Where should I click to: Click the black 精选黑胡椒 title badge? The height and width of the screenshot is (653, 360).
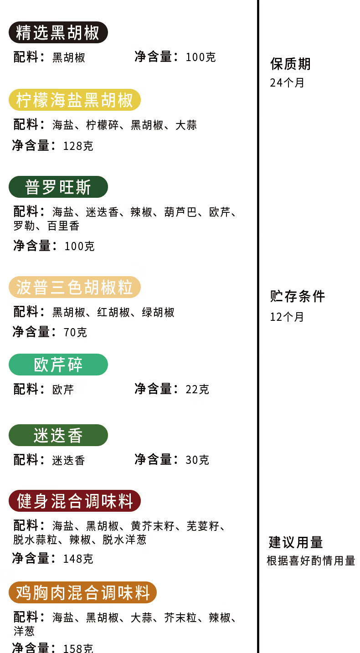click(58, 33)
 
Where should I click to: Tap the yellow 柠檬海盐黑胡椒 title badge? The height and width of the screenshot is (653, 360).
click(75, 100)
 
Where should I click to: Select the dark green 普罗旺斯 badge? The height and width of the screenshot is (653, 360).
click(58, 187)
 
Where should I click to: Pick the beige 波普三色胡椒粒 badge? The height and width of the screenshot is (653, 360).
click(75, 288)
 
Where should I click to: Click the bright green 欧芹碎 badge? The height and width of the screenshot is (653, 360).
click(58, 365)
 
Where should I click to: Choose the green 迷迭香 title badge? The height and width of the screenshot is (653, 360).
click(58, 436)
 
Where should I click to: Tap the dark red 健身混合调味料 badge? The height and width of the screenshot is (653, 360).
click(75, 501)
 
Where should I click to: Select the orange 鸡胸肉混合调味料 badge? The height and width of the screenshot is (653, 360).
click(82, 593)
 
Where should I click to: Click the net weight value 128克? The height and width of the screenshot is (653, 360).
click(78, 146)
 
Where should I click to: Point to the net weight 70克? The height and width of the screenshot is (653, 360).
click(75, 333)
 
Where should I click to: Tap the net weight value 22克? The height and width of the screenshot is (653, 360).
click(197, 390)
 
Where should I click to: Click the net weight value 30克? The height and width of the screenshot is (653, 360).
click(197, 460)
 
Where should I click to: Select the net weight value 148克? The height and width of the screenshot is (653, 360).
click(78, 559)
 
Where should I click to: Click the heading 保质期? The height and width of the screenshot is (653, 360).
click(290, 64)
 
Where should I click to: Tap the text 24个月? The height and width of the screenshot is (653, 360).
click(287, 83)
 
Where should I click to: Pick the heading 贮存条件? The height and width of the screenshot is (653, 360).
click(298, 297)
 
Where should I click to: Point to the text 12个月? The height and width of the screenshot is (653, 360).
click(287, 317)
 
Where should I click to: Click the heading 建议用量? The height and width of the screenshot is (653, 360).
click(296, 543)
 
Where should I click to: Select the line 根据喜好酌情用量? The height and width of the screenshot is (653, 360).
click(311, 561)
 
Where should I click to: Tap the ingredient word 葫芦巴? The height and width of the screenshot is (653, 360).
click(180, 212)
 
